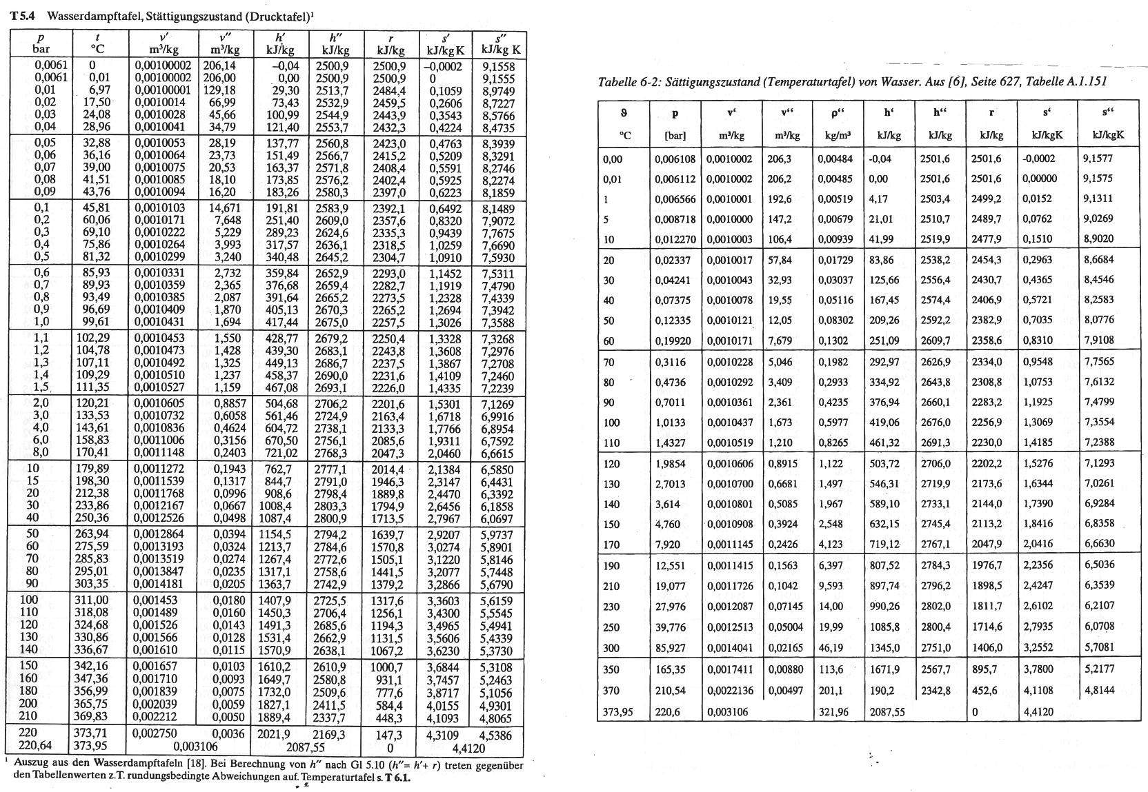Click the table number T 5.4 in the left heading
(x=23, y=16)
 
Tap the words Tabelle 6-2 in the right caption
(x=626, y=82)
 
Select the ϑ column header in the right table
(x=624, y=113)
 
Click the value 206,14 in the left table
(x=219, y=65)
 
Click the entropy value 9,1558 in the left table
(x=497, y=67)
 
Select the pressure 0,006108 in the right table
(x=675, y=159)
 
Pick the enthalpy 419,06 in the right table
(x=884, y=423)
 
